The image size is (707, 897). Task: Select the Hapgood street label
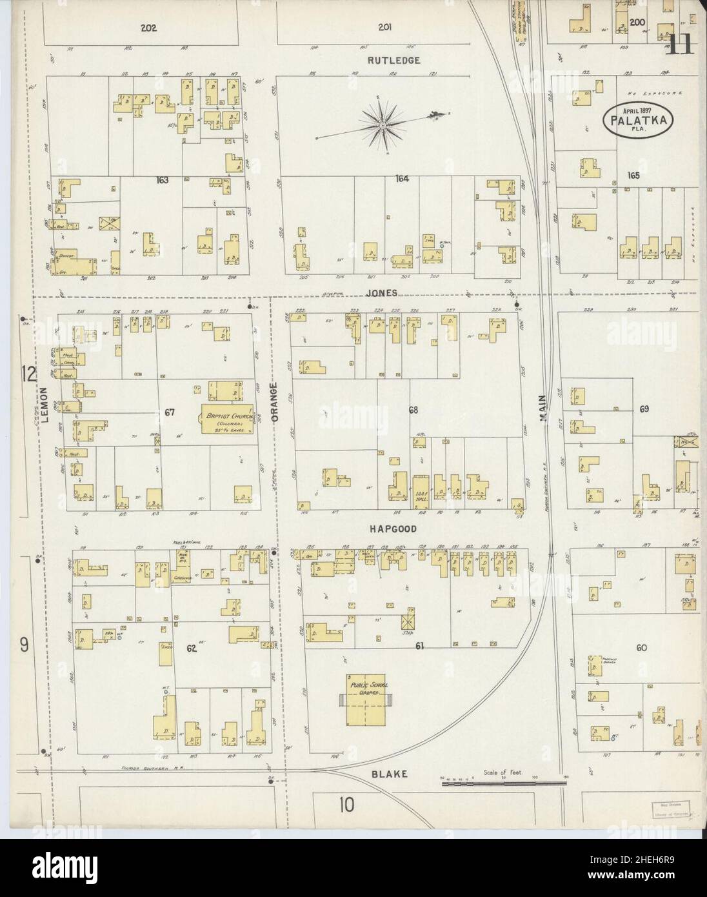coord(392,529)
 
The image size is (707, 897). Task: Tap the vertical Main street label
coord(543,409)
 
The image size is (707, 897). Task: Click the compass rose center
coord(383,123)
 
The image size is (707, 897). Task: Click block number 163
coord(162,179)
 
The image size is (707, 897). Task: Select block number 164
coord(402,179)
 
